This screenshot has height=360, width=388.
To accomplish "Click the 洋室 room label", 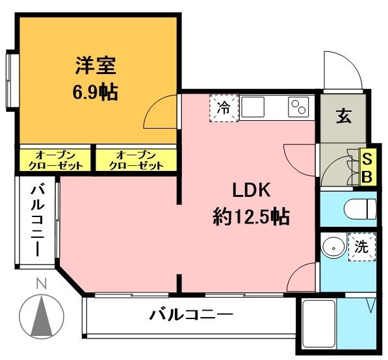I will point(95,66).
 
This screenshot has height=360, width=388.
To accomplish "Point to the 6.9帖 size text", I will point(95,92).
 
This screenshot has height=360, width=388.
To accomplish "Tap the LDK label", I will point(247,190).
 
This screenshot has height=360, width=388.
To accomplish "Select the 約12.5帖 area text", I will point(251,216).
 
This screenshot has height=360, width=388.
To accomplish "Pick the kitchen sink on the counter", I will point(253,106).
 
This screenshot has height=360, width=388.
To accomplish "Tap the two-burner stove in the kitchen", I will point(299,107).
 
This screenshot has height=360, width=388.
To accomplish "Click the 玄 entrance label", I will point(344,118).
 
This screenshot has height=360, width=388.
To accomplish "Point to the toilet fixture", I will point(361,209).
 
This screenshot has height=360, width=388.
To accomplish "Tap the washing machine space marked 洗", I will point(361,247).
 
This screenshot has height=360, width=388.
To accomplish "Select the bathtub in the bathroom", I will point(318,327).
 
